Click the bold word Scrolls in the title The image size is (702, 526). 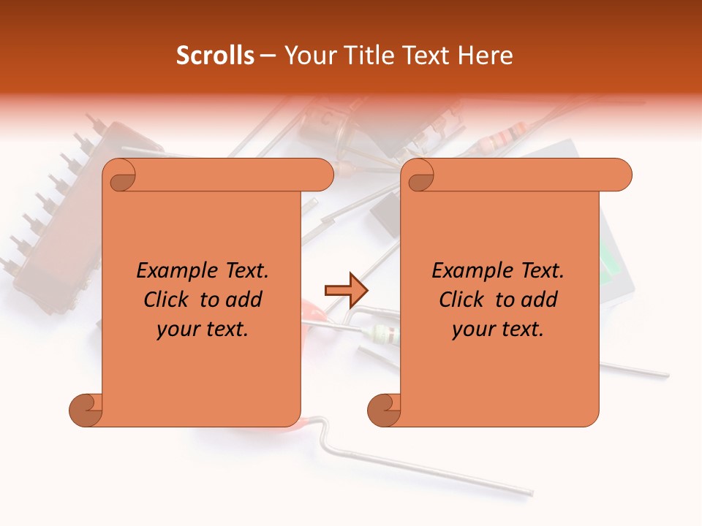215,56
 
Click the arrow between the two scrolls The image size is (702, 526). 346,290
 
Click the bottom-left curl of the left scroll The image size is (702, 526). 86,411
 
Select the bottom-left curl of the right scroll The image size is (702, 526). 385,411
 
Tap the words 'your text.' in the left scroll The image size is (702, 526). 203,329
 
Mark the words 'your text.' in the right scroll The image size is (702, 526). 498,329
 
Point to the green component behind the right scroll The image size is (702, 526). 611,262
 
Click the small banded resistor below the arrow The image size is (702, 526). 382,334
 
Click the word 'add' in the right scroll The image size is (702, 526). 540,300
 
